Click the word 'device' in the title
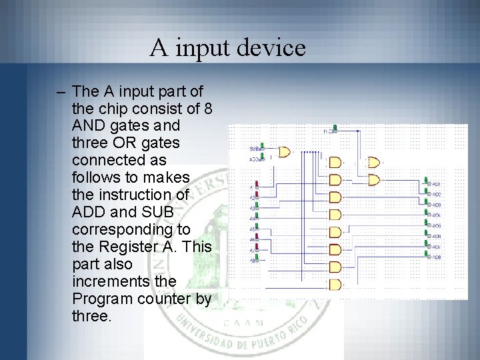pyautogui.click(x=270, y=48)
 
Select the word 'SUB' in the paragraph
pyautogui.click(x=159, y=212)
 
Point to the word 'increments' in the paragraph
pyautogui.click(x=108, y=281)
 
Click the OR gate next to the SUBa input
pyautogui.click(x=285, y=152)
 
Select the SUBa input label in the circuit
pyautogui.click(x=255, y=148)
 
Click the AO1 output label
pyautogui.click(x=437, y=183)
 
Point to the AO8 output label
pyautogui.click(x=437, y=257)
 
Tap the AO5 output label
pyautogui.click(x=437, y=225)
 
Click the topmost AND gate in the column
pyautogui.click(x=335, y=162)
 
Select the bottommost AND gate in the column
pyautogui.click(x=335, y=285)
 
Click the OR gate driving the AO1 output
pyautogui.click(x=374, y=179)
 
